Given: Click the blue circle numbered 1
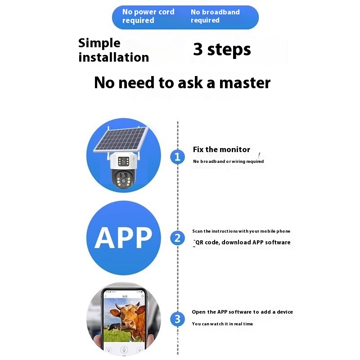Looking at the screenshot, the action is (177, 157).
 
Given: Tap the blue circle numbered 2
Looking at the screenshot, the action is (177, 238).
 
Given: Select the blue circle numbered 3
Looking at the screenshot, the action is (177, 319).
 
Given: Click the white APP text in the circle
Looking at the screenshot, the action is (123, 238).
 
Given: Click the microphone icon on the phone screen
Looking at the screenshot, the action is (124, 349).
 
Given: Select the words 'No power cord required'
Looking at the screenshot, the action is (148, 16).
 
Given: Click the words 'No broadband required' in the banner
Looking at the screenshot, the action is (215, 16).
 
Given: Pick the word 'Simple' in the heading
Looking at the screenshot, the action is (99, 43).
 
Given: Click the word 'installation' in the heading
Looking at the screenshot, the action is (114, 57).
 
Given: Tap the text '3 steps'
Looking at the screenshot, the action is (222, 49).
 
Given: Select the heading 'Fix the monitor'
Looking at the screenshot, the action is (221, 149).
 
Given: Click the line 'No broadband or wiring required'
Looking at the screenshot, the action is (228, 162).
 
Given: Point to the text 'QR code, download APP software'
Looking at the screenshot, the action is (243, 243).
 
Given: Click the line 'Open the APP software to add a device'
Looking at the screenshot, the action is (242, 312).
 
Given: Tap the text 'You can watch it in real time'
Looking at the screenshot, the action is (222, 324).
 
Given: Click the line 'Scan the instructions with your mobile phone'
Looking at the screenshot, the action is (241, 231).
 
